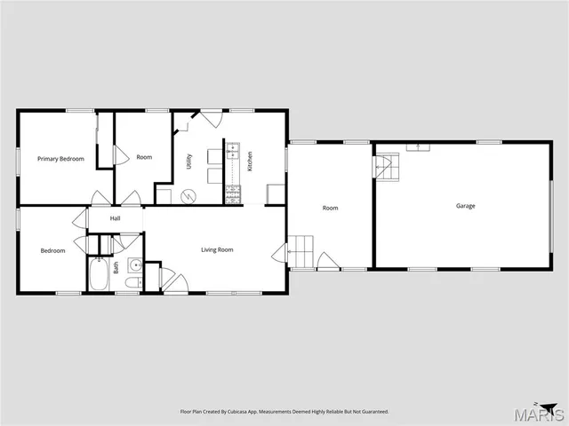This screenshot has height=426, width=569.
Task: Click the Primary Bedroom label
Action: coord(60,159)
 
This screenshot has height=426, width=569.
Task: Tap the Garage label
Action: coord(466,206)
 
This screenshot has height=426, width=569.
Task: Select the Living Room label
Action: coord(217,250)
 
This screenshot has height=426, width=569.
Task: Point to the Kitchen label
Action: coord(250,162)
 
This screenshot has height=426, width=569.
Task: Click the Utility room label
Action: coord(188,162)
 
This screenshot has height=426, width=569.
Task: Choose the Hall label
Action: coord(116,218)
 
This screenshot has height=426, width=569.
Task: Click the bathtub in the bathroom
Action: coord(98,273)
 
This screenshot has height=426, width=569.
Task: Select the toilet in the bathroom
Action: coord(132,283)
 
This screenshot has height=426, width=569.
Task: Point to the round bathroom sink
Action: coord(134,264)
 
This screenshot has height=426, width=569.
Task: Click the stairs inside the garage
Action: coord(386,165)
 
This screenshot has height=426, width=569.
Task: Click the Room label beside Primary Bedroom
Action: coord(144,157)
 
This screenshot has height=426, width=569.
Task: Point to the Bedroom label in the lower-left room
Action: coord(52,250)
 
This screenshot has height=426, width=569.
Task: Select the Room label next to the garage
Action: coord(330,208)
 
